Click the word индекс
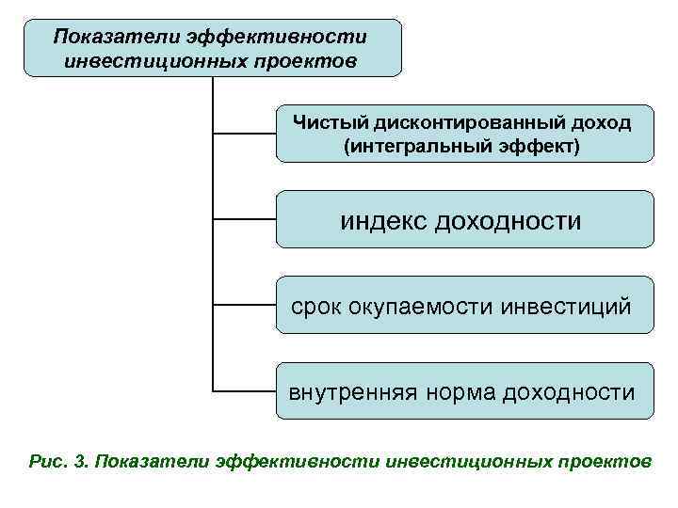383,220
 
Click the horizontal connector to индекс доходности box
244,219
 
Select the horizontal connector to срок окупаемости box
244,305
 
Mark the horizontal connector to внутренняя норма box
244,390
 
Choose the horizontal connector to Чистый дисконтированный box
244,133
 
